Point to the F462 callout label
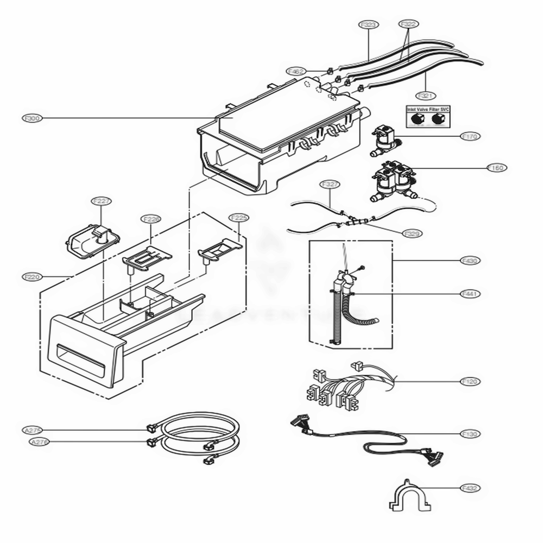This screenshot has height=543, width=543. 296,71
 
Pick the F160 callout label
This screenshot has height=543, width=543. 497,168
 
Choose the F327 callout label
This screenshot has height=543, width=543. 330,184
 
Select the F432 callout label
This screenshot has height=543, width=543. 470,488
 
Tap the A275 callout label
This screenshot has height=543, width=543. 33,430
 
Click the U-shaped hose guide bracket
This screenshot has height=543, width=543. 407,496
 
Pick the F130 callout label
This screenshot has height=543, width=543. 470,434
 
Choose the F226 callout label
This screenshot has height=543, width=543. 151,219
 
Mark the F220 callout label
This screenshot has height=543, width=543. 33,277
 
